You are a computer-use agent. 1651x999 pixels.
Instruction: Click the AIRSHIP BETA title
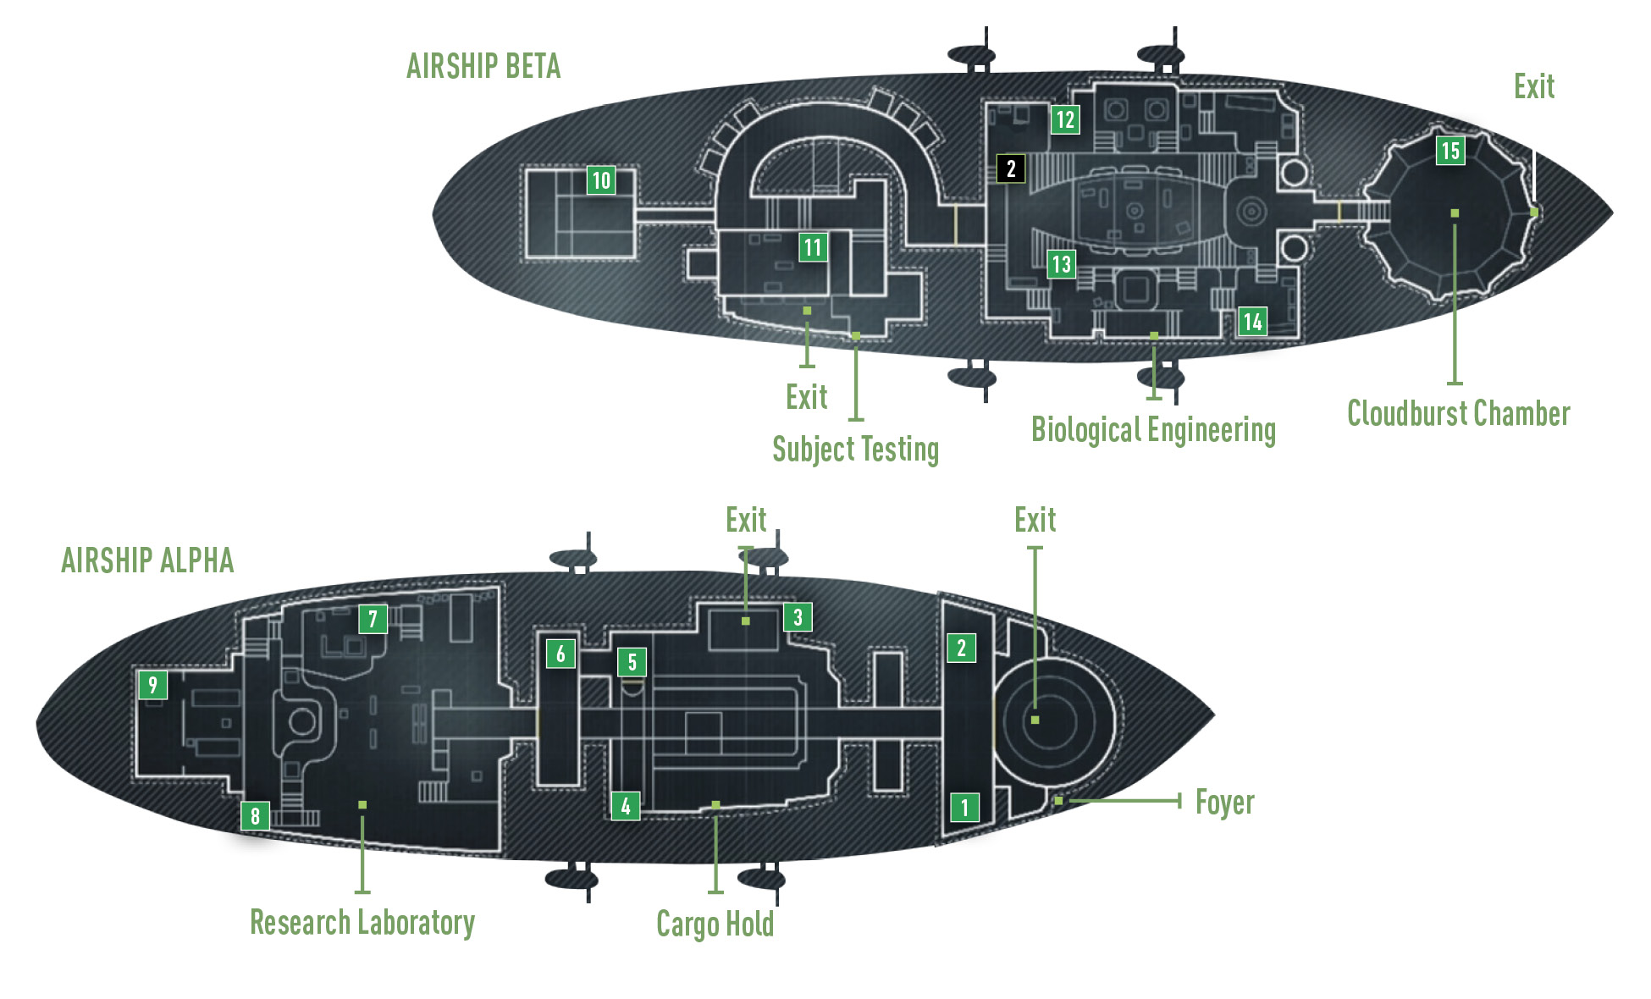point(483,66)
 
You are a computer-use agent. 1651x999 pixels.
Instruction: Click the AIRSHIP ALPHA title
point(147,560)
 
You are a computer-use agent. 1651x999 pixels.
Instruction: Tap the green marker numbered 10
point(601,179)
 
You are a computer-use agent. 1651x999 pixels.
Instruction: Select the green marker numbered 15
point(1450,151)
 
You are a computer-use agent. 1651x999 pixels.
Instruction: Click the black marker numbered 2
point(1011,168)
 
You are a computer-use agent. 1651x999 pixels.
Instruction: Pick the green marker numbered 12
point(1065,119)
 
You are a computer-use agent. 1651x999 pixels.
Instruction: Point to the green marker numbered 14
point(1252,321)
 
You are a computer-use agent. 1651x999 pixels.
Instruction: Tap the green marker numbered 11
point(813,247)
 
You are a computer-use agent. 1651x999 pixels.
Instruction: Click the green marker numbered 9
point(152,684)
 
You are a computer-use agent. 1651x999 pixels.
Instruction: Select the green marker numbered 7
point(373,619)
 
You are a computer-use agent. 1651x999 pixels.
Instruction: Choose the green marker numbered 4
point(626,806)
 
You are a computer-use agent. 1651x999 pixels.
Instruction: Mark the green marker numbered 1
point(964,807)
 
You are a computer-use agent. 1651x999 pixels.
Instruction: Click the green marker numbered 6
point(560,653)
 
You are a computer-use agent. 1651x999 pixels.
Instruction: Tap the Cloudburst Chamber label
point(1459,414)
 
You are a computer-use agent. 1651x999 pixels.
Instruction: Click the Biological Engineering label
point(1153,430)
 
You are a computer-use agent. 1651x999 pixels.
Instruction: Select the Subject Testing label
point(856,450)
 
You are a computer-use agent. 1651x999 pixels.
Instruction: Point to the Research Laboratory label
point(362,923)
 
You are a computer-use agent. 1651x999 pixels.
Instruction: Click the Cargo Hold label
point(715,924)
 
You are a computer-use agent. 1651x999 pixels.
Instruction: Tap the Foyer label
point(1225,803)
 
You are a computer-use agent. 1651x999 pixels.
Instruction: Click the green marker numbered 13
point(1061,264)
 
